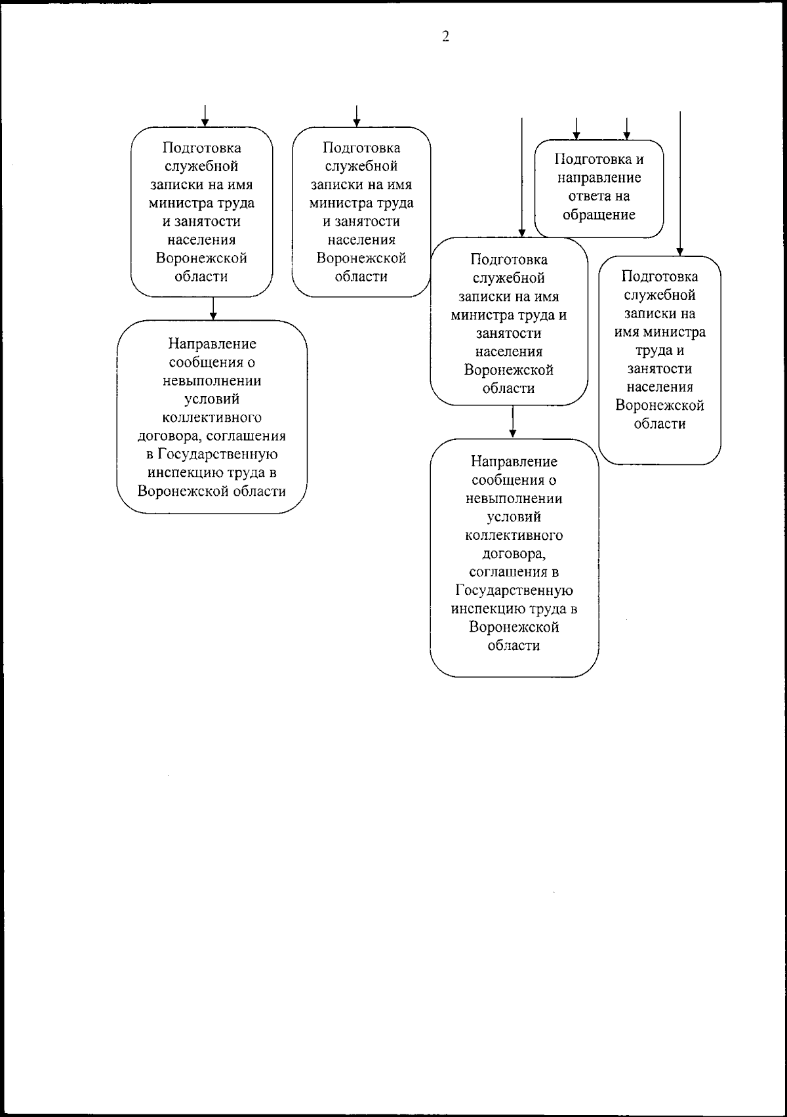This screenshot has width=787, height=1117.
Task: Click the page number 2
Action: pyautogui.click(x=445, y=37)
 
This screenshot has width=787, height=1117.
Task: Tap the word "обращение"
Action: pyautogui.click(x=599, y=214)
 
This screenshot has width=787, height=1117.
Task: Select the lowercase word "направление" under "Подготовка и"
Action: pyautogui.click(x=599, y=178)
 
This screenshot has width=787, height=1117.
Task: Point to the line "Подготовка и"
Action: pyautogui.click(x=599, y=159)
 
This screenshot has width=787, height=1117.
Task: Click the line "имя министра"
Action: pyautogui.click(x=660, y=332)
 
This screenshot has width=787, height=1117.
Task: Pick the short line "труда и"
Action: pyautogui.click(x=660, y=350)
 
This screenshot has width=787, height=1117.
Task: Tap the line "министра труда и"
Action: pyautogui.click(x=509, y=315)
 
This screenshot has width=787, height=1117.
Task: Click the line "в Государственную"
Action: pyautogui.click(x=212, y=455)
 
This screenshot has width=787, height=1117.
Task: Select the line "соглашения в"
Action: pyautogui.click(x=514, y=572)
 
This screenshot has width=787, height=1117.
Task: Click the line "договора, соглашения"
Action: pyautogui.click(x=212, y=436)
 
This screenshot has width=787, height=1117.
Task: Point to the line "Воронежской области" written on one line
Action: pyautogui.click(x=212, y=491)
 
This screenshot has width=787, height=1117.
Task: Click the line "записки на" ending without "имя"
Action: pyautogui.click(x=660, y=314)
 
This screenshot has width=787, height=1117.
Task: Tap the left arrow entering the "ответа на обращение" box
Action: pyautogui.click(x=576, y=129)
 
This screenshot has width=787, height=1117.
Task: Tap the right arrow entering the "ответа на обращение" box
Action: pyautogui.click(x=626, y=129)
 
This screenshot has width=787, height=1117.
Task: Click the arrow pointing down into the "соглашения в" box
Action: pyautogui.click(x=513, y=423)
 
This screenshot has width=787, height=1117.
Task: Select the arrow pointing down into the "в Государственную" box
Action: pyautogui.click(x=213, y=309)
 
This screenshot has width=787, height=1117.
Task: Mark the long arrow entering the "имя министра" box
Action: pyautogui.click(x=680, y=184)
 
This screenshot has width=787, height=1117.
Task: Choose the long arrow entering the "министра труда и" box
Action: pyautogui.click(x=521, y=177)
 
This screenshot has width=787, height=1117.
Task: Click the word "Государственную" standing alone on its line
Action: pyautogui.click(x=514, y=590)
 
